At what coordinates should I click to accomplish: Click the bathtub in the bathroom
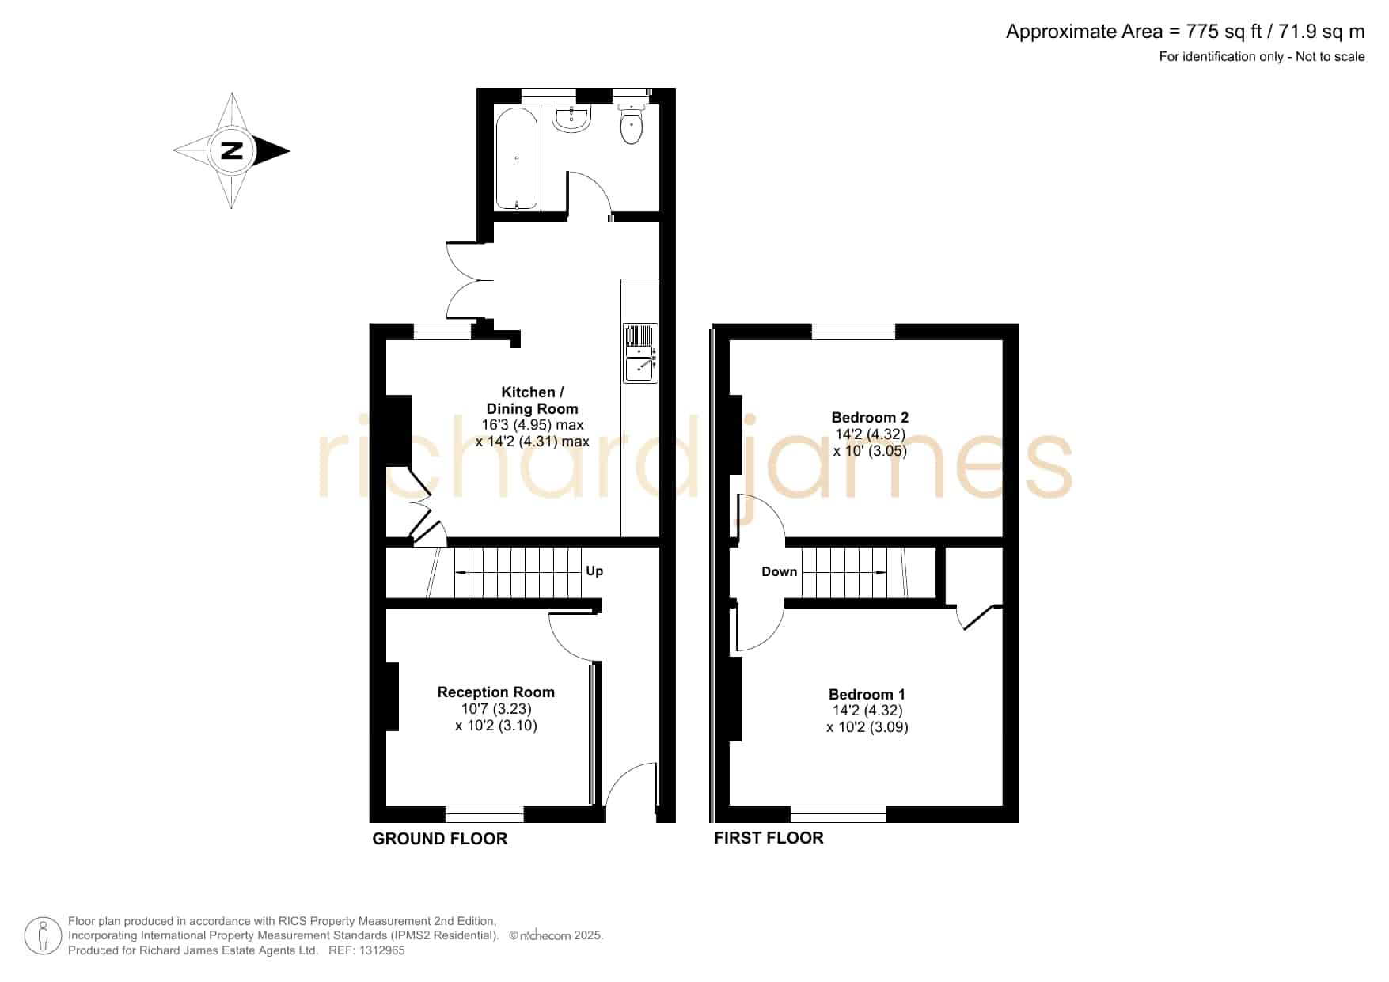(x=517, y=158)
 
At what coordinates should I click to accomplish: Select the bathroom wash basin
(x=571, y=119)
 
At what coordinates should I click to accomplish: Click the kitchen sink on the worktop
(x=640, y=353)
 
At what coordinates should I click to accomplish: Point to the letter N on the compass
(x=231, y=150)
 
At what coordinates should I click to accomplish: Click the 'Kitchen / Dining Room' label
(x=533, y=400)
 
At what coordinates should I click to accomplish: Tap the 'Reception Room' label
(x=496, y=692)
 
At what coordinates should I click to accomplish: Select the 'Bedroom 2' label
(x=870, y=417)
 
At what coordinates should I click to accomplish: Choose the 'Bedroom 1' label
(x=867, y=694)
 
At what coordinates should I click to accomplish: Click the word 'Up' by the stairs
(x=594, y=571)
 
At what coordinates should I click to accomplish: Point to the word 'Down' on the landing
(x=780, y=571)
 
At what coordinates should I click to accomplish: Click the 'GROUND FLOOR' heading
(x=440, y=839)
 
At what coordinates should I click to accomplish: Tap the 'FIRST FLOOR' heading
(x=769, y=838)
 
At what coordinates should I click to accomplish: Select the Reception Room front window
(x=484, y=814)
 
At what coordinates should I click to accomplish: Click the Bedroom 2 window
(x=853, y=332)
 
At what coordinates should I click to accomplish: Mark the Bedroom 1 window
(x=838, y=814)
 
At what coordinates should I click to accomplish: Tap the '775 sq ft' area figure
(x=1224, y=32)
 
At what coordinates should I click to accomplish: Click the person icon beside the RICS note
(x=43, y=936)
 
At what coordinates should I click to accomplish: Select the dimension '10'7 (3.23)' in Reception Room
(x=496, y=709)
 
